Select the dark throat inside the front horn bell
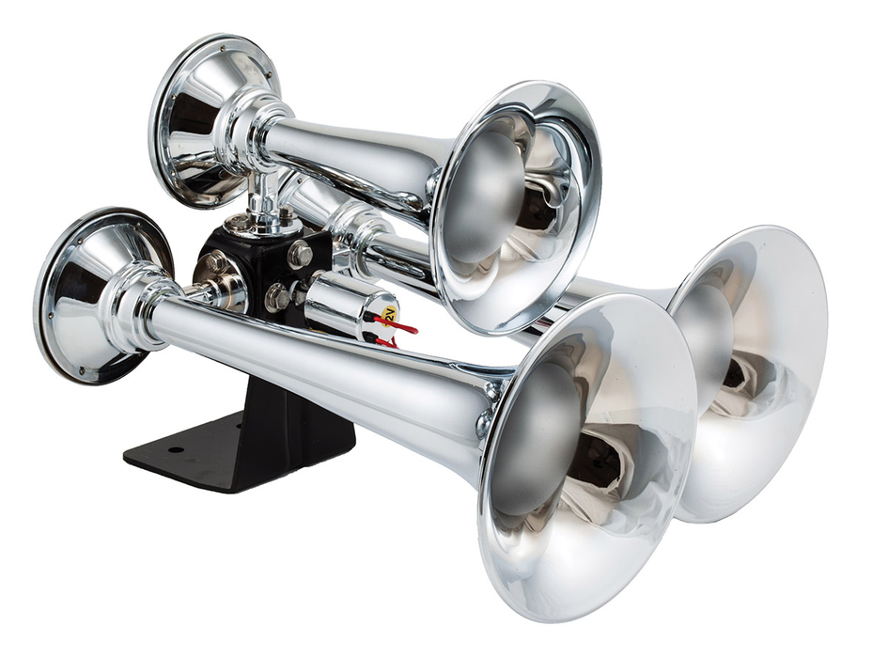click(592, 461)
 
